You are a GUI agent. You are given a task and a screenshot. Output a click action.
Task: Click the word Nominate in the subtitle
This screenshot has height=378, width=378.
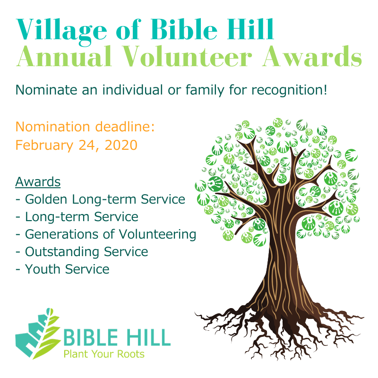coord(46,90)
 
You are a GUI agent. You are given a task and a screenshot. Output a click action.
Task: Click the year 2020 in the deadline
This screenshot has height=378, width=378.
coord(121,145)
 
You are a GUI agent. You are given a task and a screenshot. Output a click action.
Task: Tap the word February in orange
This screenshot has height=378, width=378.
coord(44,146)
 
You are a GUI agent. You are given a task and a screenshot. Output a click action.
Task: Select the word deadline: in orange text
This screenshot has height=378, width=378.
coord(125,127)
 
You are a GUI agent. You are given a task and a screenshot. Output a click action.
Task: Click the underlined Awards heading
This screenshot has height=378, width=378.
coord(38,182)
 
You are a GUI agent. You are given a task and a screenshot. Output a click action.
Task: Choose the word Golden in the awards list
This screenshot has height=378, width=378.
coord(46,199)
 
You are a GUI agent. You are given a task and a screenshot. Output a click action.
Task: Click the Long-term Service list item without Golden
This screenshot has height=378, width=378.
coord(82,217)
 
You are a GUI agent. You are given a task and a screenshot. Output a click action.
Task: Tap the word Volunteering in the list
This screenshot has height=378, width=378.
coord(157,235)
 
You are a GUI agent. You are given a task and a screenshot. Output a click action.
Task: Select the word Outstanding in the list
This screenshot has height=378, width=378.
coord(62,252)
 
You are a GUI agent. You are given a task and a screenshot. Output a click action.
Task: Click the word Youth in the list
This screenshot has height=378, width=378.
coord(43,269)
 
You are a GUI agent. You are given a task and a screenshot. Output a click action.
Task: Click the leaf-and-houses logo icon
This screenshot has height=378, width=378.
coord(38,334)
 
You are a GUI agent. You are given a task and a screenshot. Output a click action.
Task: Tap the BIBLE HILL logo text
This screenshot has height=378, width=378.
coord(117,338)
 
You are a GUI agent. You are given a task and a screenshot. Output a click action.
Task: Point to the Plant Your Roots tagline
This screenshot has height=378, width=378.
coord(104,354)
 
